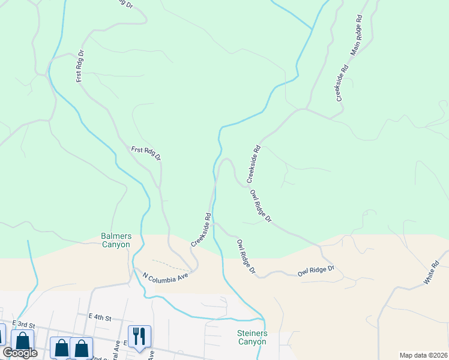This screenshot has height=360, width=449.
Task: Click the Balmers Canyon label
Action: [x=115, y=240]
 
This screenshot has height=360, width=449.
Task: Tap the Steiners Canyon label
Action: [x=252, y=337]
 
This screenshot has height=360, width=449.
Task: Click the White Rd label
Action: [x=432, y=273]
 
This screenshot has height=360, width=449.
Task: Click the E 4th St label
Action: [x=100, y=316]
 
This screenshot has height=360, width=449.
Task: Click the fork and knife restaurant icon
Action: [x=139, y=336]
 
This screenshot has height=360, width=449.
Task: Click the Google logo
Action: [x=20, y=353]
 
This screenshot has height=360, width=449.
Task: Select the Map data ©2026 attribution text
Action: [x=423, y=355]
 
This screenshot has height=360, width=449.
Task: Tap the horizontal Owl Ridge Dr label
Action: [x=316, y=272]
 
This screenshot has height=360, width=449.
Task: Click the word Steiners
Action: [x=252, y=332]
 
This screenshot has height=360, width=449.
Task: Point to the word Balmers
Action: [x=115, y=236]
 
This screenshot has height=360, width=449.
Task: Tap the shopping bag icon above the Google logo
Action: [x=22, y=340]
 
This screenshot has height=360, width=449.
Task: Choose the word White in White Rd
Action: [x=429, y=276]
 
